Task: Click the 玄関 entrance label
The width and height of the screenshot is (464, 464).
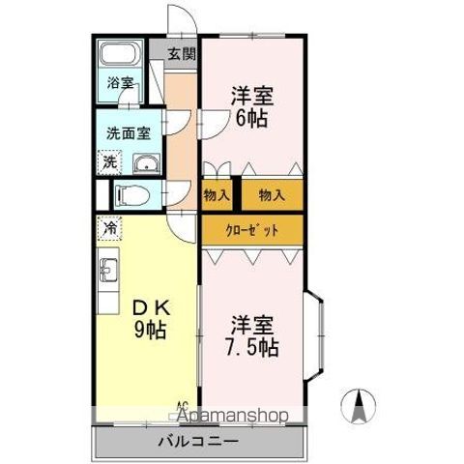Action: (x=181, y=54)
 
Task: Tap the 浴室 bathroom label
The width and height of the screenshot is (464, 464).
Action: (x=120, y=83)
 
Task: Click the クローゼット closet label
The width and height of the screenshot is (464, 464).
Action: (x=252, y=230)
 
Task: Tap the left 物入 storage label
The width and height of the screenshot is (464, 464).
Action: (x=217, y=195)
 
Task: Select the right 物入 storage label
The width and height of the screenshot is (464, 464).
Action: (x=272, y=195)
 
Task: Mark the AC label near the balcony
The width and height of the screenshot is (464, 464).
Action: (x=181, y=406)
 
